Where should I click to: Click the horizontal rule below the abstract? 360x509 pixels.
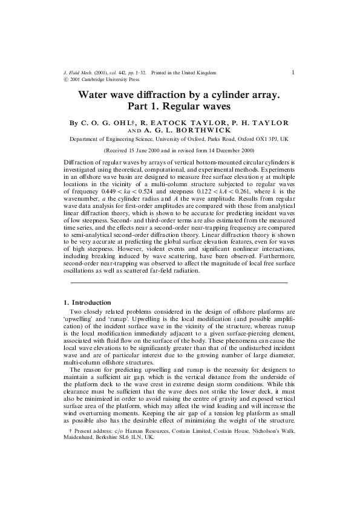coord(179,282)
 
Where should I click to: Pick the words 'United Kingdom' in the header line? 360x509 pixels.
coord(198,73)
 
